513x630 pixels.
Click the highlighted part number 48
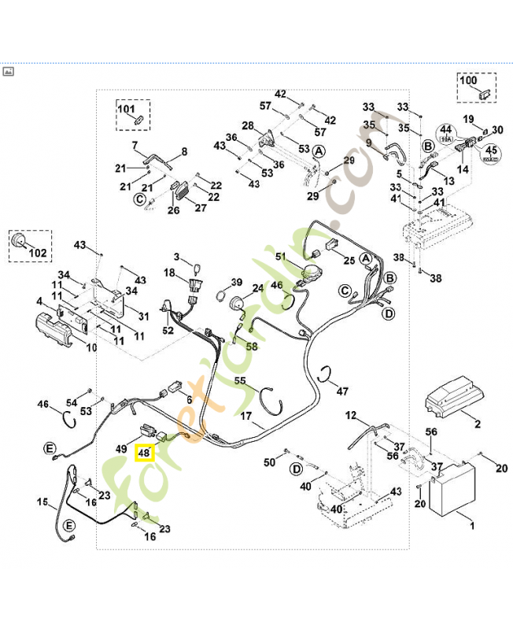pos(144,453)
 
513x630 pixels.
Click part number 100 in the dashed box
pos(469,80)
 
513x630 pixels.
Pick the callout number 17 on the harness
pos(245,416)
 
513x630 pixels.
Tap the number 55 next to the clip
pos(241,380)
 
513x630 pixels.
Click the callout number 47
pos(342,391)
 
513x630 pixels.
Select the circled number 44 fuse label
pos(445,129)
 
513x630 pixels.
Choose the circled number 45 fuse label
pos(490,151)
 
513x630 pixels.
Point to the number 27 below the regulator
pos(201,208)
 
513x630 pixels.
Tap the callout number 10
pos(91,347)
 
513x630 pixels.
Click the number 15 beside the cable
pos(42,502)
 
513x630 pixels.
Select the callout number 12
pos(351,415)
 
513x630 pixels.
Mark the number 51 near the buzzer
pos(282,257)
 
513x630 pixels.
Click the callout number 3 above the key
pos(177,257)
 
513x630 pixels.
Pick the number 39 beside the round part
pos(236,282)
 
